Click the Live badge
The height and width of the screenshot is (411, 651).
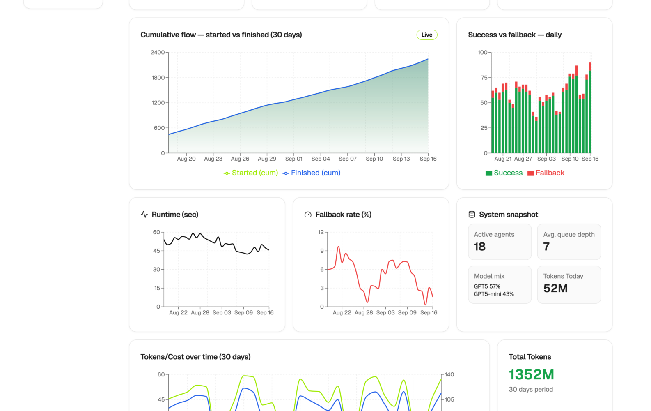426,35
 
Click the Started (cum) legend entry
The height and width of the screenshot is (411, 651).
251,173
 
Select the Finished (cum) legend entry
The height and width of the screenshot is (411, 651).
312,173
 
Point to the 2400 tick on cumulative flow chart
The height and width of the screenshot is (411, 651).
158,53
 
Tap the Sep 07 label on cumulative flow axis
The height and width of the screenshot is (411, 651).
347,159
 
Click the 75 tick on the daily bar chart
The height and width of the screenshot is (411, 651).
484,78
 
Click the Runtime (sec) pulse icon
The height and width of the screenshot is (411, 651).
144,215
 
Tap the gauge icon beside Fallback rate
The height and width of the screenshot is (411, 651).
308,215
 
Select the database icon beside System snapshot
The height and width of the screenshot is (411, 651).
472,215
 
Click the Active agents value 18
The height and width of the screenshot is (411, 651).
479,247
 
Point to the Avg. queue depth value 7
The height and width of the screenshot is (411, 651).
546,247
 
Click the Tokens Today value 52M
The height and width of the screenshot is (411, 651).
555,289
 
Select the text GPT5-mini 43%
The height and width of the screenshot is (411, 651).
494,294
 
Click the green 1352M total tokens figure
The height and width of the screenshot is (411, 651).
531,375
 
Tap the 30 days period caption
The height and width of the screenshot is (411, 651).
531,390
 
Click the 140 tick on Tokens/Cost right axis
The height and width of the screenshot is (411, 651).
449,375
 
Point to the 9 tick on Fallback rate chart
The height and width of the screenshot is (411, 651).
322,251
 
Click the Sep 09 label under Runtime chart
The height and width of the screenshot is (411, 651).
243,313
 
